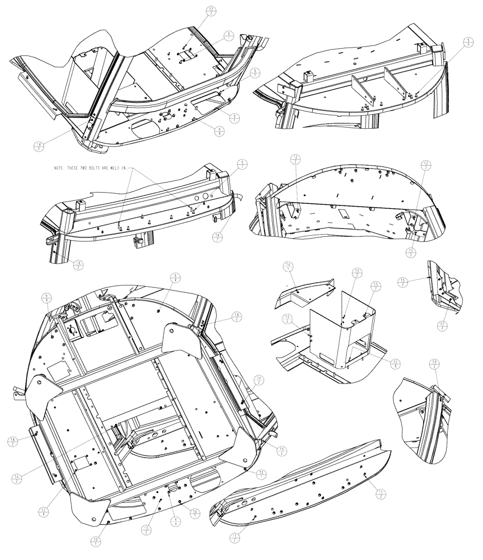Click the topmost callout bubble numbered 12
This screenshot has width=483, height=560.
[211, 11]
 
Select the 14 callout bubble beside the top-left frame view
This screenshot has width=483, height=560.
[39, 147]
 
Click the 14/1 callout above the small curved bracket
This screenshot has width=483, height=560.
[288, 268]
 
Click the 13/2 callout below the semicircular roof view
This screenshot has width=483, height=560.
[411, 252]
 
